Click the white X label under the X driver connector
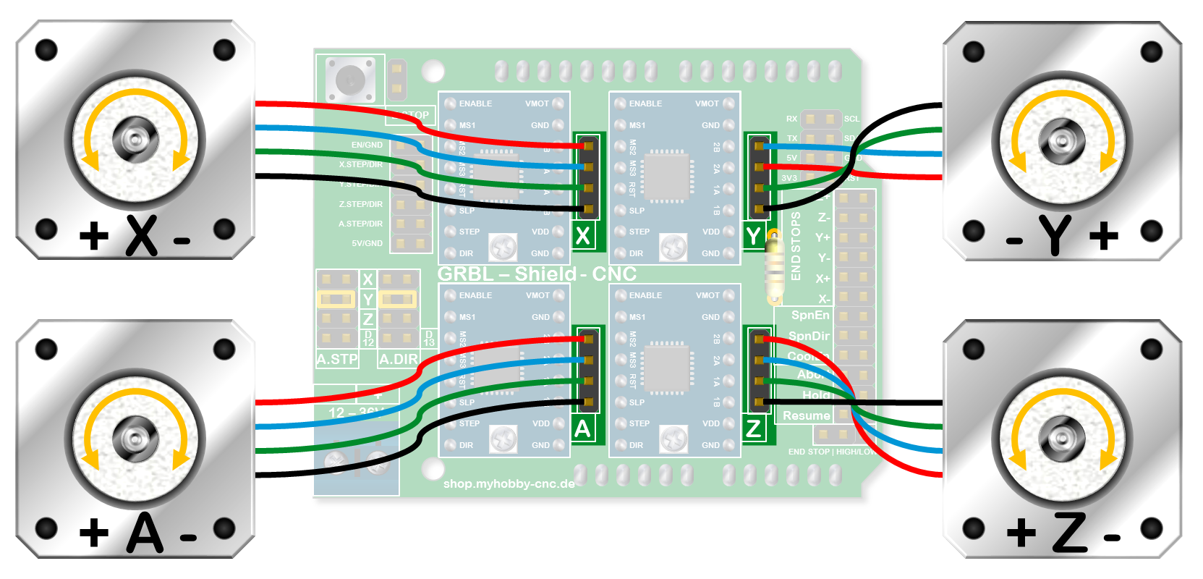[x=582, y=236]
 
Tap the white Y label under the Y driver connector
[x=754, y=236]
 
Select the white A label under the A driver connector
[x=582, y=429]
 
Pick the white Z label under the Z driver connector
[x=754, y=429]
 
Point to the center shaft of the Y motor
[x=1062, y=140]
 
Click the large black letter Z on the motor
[x=1070, y=533]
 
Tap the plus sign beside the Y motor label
[x=1103, y=236]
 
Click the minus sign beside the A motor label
[x=188, y=538]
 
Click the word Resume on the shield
[x=806, y=415]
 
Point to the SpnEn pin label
[x=809, y=315]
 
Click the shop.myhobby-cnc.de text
[x=509, y=483]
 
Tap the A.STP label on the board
[x=337, y=359]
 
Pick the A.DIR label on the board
[x=399, y=359]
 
